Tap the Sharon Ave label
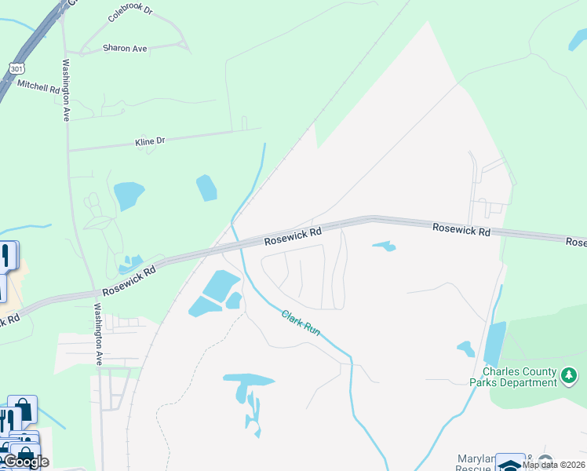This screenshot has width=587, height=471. click(x=125, y=49)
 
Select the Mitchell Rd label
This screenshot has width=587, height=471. click(x=38, y=86)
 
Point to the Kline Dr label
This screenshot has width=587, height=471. click(x=150, y=142)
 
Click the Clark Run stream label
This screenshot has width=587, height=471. click(x=301, y=322)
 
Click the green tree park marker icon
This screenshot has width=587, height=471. click(x=571, y=378)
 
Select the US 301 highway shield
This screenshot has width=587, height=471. click(x=16, y=69)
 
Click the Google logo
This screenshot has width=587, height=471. click(x=25, y=462)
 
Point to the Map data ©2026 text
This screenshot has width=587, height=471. click(x=552, y=465)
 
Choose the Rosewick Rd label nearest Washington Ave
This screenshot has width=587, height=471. click(x=129, y=278)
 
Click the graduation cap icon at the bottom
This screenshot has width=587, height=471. click(x=510, y=464)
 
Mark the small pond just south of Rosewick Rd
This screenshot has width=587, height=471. click(x=384, y=246)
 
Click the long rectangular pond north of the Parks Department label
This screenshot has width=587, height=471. click(x=495, y=344)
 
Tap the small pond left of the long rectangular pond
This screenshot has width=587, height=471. click(x=466, y=348)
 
